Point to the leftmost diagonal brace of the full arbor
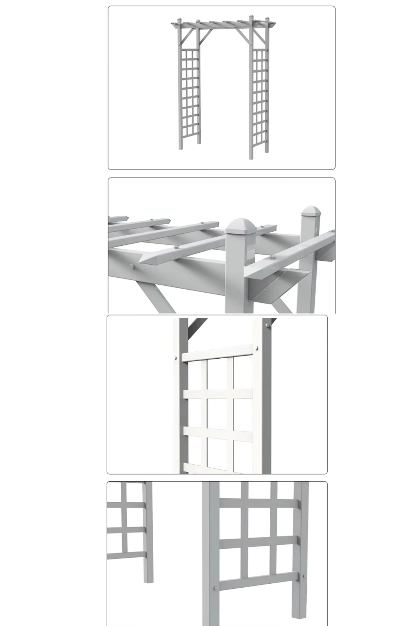[187, 36]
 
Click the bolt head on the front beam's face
[132, 267]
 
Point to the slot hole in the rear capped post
[316, 231]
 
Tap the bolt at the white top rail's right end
[257, 348]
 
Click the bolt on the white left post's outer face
[175, 358]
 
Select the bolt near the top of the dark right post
[267, 325]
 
